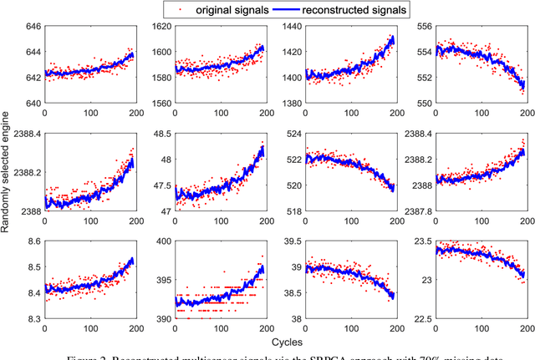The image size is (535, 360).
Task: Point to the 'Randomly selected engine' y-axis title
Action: [x=7, y=175]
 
